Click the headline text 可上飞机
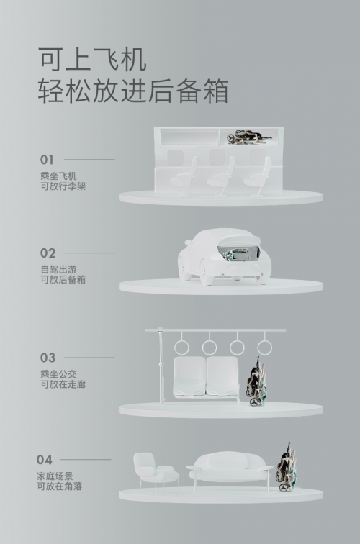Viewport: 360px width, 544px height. coord(92,60)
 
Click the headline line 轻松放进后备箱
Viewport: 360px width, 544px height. coord(133,91)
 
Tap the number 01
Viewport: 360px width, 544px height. coord(47,160)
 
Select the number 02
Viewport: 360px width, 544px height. coord(48,253)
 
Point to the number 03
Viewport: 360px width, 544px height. coord(48,358)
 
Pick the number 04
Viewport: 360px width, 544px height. coord(44,460)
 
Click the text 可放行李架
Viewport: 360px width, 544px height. coord(63,186)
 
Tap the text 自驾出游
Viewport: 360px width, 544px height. coord(58,269)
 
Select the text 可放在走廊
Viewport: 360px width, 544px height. coord(63,384)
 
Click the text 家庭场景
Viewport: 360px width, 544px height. coord(55,476)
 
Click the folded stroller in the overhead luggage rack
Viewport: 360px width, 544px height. coord(248,137)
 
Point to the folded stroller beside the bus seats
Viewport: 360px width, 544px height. coord(256,381)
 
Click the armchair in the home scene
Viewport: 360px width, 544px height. coord(156,472)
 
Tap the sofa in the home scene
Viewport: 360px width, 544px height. coord(230,470)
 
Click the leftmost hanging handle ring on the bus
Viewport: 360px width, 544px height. coord(181,348)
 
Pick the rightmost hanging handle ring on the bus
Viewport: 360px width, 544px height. coord(264,348)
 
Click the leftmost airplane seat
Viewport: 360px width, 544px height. coord(185,177)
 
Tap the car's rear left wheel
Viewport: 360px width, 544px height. coord(207,274)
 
